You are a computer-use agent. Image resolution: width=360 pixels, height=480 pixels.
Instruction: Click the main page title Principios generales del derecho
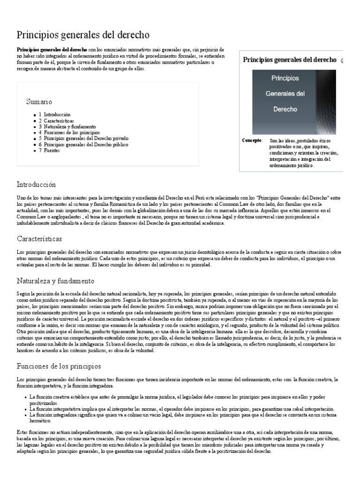(x=83, y=35)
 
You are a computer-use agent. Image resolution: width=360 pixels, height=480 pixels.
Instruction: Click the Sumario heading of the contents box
(x=39, y=102)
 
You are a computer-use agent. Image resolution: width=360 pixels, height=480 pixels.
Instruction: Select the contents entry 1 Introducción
(x=54, y=114)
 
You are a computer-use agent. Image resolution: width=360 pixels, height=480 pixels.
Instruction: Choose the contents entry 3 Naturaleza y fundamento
(x=67, y=127)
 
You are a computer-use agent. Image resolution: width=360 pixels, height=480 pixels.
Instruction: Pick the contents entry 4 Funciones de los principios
(x=69, y=133)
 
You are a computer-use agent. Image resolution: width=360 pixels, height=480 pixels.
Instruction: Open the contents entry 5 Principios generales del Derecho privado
(x=83, y=139)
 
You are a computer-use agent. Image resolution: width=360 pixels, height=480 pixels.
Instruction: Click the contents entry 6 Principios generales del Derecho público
(x=83, y=145)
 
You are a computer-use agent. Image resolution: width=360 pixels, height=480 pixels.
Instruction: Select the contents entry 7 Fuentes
(x=48, y=151)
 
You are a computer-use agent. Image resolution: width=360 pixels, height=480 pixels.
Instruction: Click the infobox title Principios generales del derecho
(x=289, y=60)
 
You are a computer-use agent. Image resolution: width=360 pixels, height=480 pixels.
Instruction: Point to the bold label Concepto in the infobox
(x=253, y=140)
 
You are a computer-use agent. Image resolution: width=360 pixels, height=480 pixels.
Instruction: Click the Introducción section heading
(x=36, y=185)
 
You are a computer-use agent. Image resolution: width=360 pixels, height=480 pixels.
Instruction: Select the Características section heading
(x=39, y=239)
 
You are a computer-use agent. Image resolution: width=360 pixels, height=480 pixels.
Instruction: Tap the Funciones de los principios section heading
(x=59, y=366)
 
